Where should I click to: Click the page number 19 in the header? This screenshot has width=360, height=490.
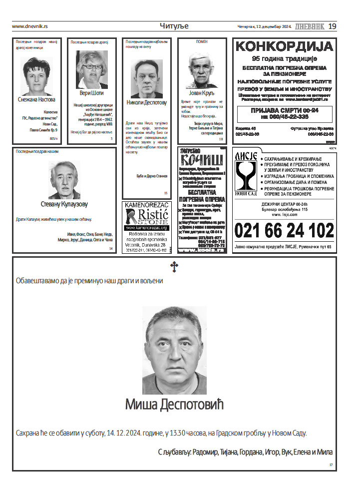332,26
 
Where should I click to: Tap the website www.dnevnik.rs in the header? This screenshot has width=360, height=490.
30,26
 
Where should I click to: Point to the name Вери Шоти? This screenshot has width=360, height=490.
91,93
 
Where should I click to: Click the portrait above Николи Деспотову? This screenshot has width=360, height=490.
146,79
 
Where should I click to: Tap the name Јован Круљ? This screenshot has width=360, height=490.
201,92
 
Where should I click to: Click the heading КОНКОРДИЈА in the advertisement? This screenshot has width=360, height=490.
284,47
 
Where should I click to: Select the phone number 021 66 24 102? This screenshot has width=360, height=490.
284,231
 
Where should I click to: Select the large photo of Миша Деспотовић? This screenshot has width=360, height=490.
174,350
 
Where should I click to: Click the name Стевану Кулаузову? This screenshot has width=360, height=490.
64,204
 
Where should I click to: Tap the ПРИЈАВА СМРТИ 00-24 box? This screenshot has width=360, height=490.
284,113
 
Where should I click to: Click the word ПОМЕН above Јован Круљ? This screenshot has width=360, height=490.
202,42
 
